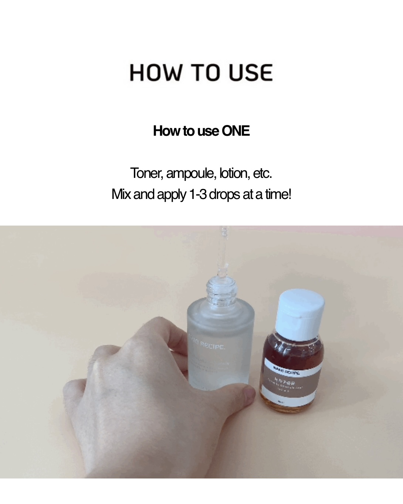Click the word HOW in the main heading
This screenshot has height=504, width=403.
pos(156,72)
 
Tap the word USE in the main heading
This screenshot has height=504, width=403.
pos(250,72)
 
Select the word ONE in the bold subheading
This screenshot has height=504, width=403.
pos(235,131)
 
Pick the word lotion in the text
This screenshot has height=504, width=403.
pos(234,173)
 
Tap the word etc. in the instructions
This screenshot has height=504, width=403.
pos(263,173)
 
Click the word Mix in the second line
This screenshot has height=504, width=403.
pos(121,194)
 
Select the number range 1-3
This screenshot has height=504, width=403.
pos(198,194)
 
